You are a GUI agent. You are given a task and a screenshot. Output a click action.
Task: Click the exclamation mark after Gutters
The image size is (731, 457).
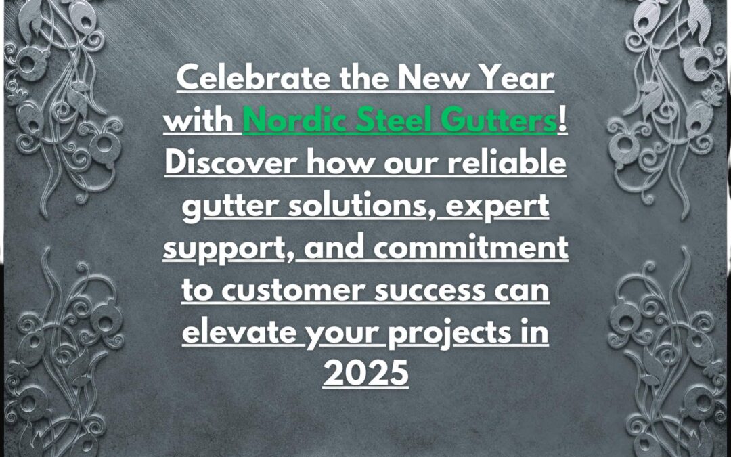click(x=562, y=121)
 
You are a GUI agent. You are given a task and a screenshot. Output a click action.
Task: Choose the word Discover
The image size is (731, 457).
click(x=231, y=162)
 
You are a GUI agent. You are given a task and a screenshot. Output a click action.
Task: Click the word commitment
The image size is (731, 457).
click(x=471, y=247)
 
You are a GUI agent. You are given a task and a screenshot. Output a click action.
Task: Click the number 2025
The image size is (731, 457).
click(x=365, y=374)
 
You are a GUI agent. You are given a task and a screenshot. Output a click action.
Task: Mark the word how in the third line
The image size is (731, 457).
click(x=332, y=162)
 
